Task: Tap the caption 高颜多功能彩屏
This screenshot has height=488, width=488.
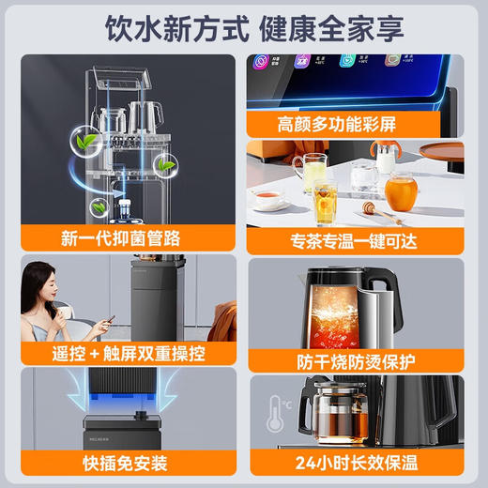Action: (357, 124)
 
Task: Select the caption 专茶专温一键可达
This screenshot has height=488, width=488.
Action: (357, 238)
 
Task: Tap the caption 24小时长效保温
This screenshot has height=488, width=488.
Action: (357, 464)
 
